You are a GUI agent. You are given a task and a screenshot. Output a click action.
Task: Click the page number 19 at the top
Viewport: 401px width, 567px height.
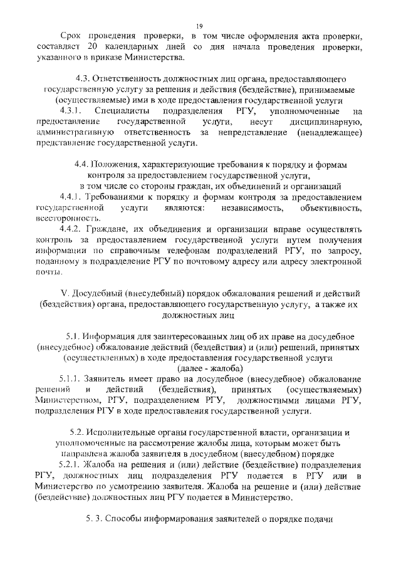click(199, 25)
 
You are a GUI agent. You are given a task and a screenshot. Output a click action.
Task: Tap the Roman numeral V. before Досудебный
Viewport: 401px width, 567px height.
click(63, 293)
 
